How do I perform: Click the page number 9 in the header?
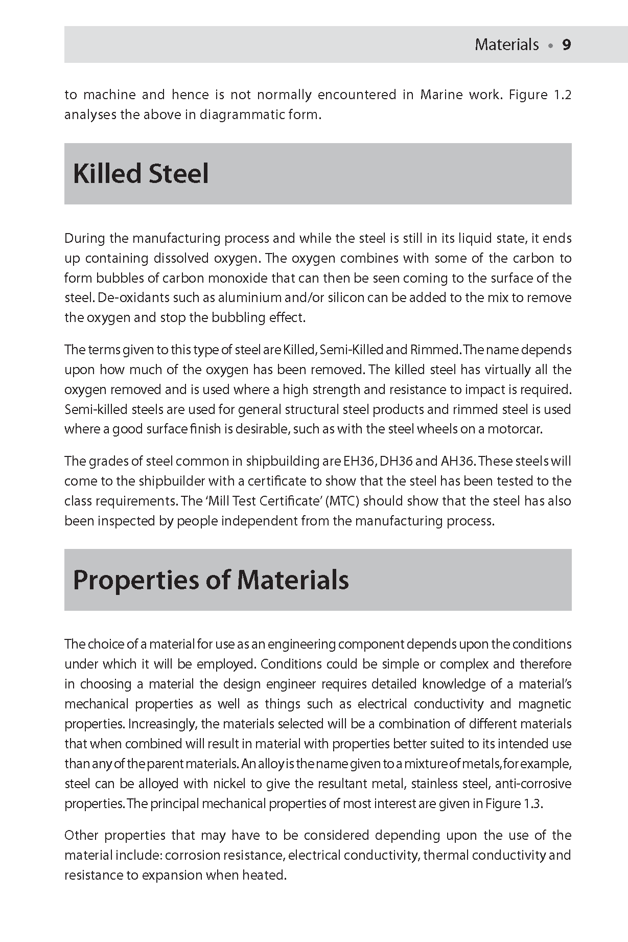566,45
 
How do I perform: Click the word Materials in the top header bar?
506,45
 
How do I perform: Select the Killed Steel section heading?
141,174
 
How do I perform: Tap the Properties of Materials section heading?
211,580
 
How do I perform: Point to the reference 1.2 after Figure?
562,95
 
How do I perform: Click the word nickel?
225,784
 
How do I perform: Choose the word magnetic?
545,704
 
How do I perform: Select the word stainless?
435,784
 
